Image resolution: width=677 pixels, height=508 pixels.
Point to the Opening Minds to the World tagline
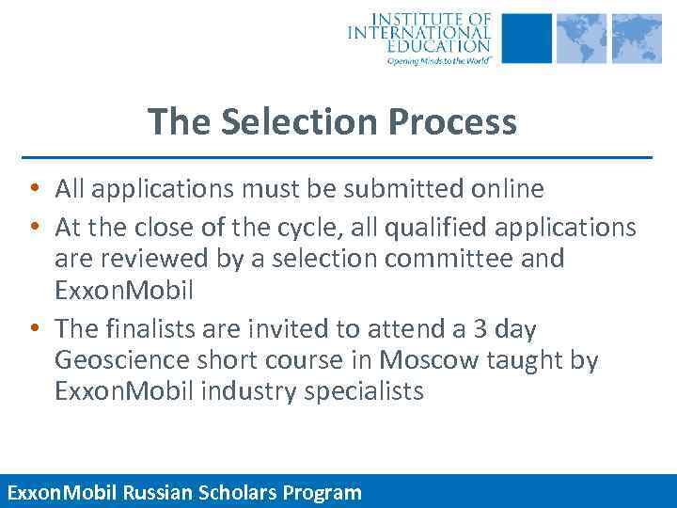438,60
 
